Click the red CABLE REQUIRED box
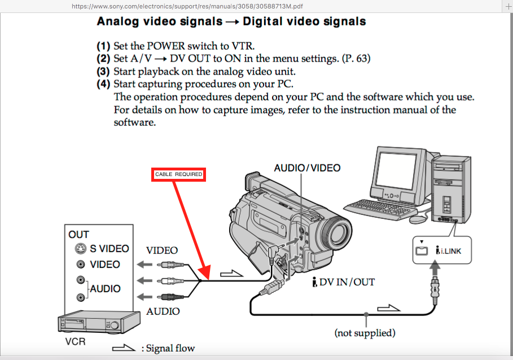point(179,174)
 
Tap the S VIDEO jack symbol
point(81,248)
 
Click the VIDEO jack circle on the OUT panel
point(81,264)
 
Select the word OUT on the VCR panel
point(78,234)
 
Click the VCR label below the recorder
point(75,342)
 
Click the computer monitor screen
point(396,171)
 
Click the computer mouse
point(418,219)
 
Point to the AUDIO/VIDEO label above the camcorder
point(307,168)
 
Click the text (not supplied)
point(365,333)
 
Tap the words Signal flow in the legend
point(170,348)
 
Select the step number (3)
point(103,71)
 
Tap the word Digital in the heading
point(262,21)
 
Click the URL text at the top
point(187,6)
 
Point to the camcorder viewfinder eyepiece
point(251,182)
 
